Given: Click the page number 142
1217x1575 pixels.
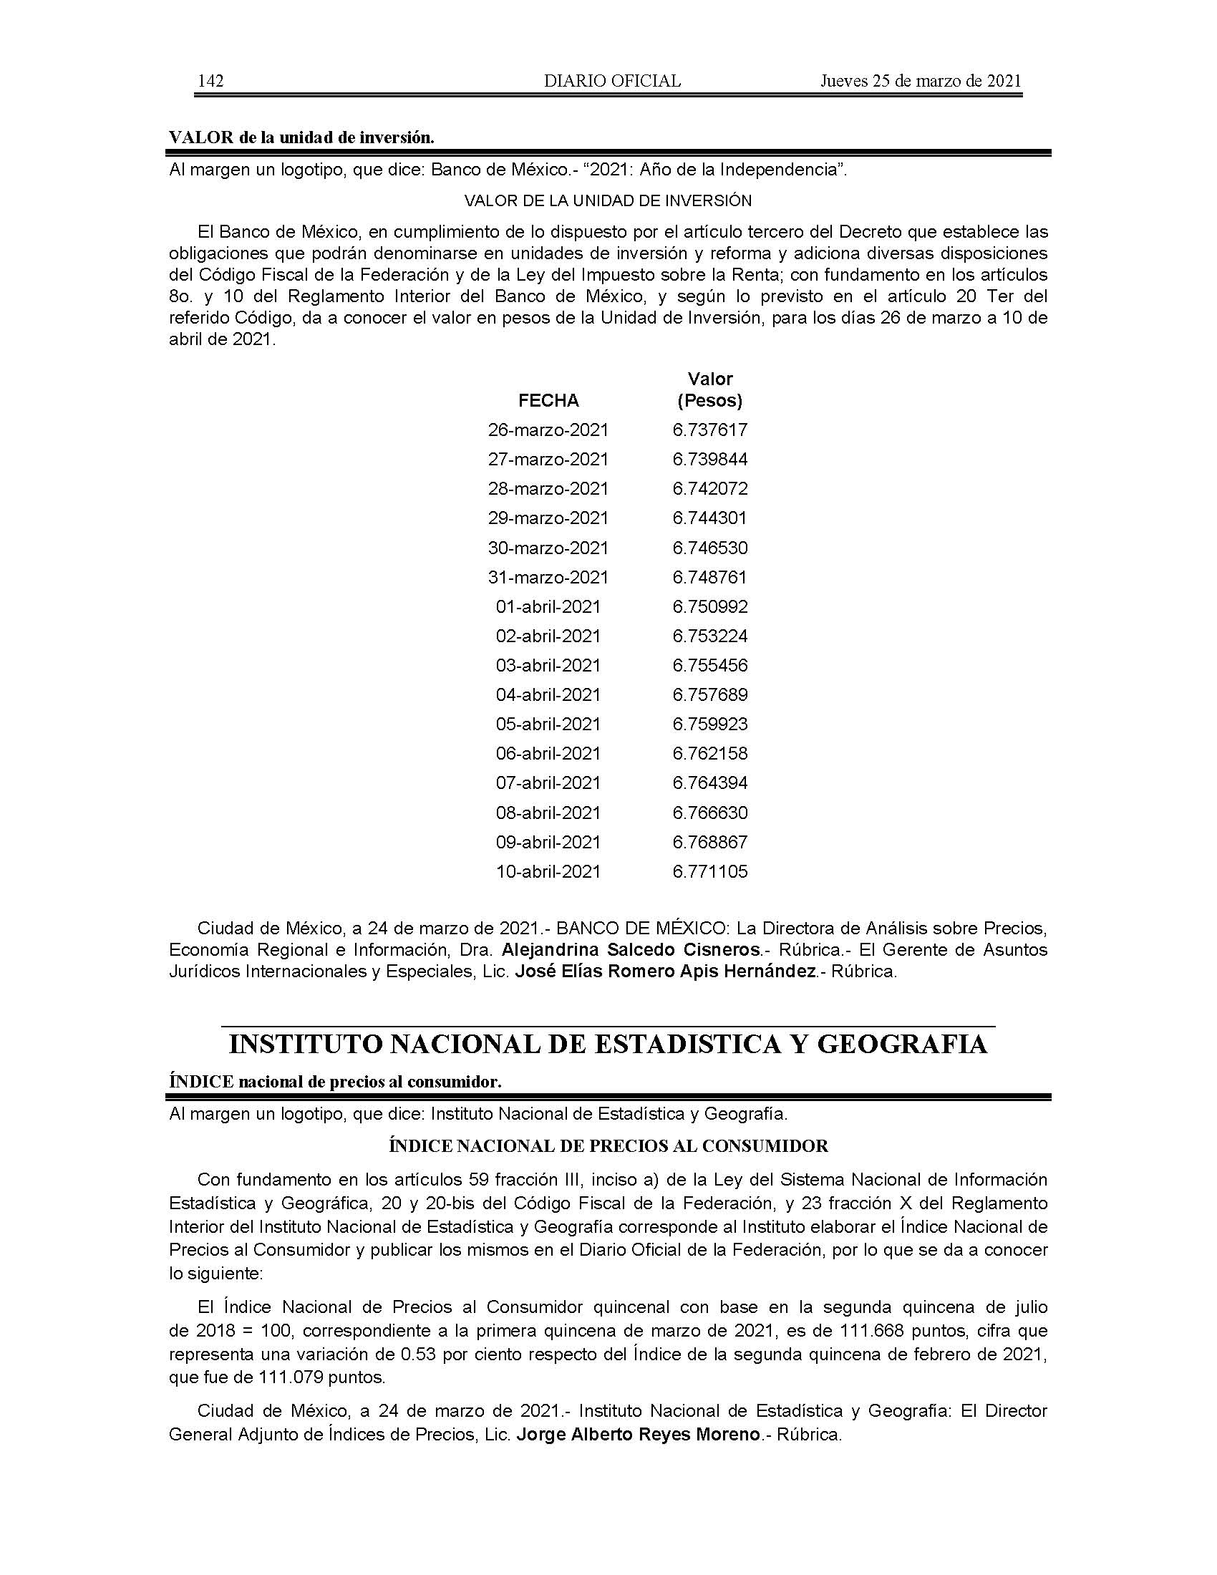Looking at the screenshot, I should [x=210, y=81].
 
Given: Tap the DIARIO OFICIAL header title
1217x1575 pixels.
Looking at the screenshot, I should [x=612, y=81].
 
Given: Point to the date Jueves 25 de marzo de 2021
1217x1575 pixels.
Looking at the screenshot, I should [x=921, y=81].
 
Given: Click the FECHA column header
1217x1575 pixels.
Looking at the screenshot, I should [x=548, y=401].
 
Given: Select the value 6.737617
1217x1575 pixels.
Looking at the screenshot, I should [x=710, y=430].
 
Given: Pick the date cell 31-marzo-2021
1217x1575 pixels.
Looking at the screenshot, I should [x=548, y=578].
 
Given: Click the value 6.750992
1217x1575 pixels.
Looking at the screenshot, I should [x=710, y=607].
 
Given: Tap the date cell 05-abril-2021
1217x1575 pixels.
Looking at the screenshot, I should [x=548, y=724].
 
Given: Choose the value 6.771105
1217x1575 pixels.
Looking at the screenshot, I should [x=710, y=872].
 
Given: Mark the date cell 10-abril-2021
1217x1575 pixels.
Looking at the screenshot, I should [x=548, y=872].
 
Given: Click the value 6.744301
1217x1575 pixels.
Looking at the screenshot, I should [x=710, y=518].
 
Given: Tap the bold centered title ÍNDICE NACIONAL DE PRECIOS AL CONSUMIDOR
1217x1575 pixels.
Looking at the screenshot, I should [x=608, y=1146].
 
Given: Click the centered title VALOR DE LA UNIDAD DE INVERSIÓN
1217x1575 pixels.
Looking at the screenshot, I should [x=608, y=200].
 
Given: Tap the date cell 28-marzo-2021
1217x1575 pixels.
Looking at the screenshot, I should [x=548, y=489].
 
